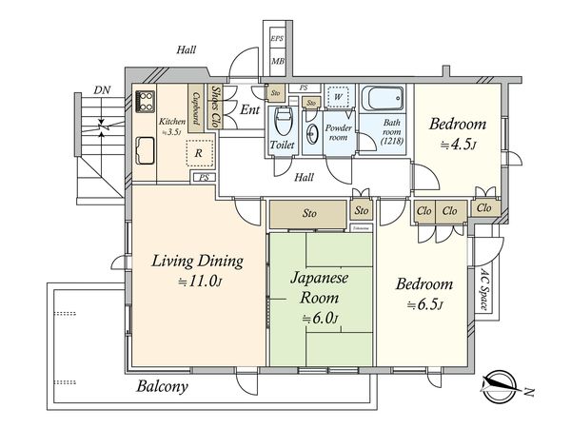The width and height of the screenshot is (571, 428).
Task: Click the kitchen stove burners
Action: coord(147,100)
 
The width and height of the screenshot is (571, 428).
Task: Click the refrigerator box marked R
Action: coord(198,152)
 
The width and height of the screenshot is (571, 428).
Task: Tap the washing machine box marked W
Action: coord(337,97)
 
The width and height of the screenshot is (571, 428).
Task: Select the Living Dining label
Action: coord(197,260)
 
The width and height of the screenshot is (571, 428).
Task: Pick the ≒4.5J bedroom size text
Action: coord(458,146)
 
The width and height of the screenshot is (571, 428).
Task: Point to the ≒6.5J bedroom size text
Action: coord(425,304)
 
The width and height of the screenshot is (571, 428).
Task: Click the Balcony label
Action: coord(162,386)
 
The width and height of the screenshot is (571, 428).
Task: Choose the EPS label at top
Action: coord(277,39)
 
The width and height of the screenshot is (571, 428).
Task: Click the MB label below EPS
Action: coord(278,62)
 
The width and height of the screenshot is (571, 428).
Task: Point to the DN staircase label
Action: coord(101,90)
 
